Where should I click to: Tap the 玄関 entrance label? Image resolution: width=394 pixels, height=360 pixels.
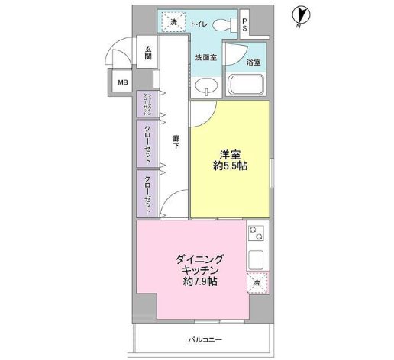(x=147, y=54)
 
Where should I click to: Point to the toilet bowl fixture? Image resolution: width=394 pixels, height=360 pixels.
(x=224, y=24)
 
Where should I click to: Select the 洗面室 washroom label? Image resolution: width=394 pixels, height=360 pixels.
(x=205, y=57)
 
